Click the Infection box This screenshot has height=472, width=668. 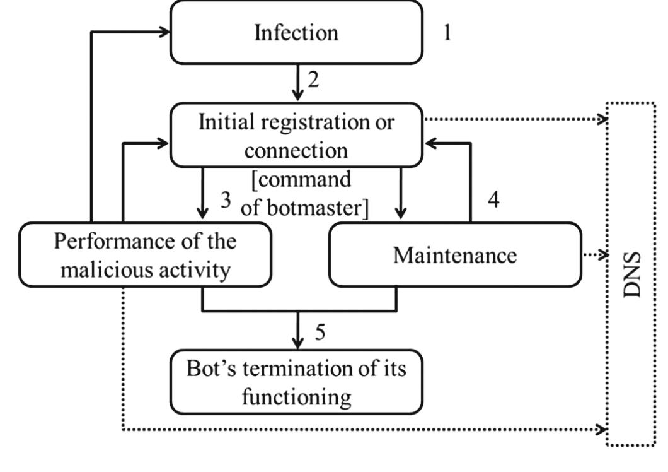coord(296,32)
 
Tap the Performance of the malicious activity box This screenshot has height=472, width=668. coord(146,255)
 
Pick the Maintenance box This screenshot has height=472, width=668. coord(454,255)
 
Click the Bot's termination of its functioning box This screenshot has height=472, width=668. coord(296,382)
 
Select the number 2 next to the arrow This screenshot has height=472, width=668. coord(313,80)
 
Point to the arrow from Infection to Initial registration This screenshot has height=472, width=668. coord(296,82)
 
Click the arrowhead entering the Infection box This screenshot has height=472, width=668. coord(164,32)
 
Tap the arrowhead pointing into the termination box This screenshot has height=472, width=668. coord(296,343)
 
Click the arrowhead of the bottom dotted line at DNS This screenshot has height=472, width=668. coord(602,430)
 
